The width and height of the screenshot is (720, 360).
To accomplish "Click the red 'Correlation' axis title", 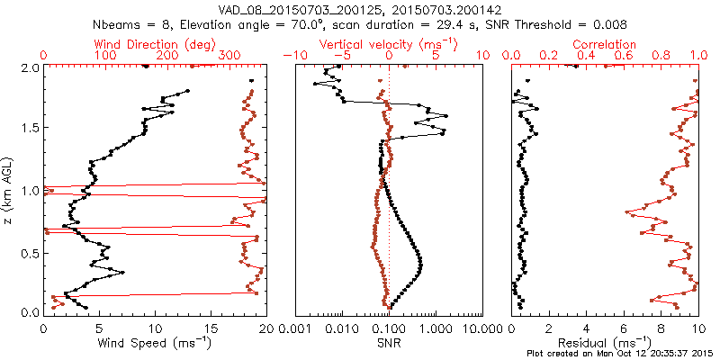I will point(604,44).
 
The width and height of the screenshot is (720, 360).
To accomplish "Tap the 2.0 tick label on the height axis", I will point(28,67).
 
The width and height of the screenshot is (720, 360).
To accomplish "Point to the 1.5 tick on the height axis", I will point(28,129).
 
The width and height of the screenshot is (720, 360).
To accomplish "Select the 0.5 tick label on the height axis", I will point(28,252).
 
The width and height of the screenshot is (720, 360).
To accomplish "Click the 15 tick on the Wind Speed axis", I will point(211,327).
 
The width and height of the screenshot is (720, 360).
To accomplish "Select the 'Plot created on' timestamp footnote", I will point(620,354).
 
